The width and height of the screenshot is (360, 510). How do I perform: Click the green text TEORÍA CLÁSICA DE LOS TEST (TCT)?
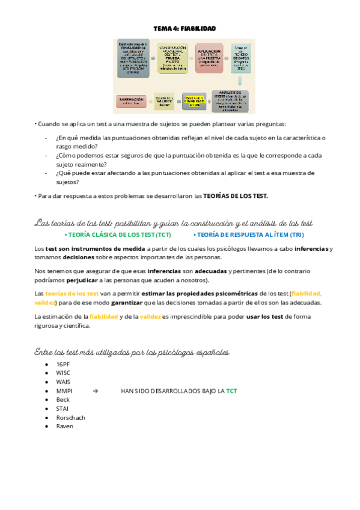[120, 235]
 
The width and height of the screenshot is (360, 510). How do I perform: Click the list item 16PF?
[63, 364]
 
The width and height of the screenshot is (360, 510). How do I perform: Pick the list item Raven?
[64, 426]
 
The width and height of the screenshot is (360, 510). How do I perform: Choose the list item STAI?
[62, 408]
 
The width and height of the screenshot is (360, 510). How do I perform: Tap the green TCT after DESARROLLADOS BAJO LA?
[231, 391]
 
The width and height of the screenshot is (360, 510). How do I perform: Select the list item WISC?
[63, 373]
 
